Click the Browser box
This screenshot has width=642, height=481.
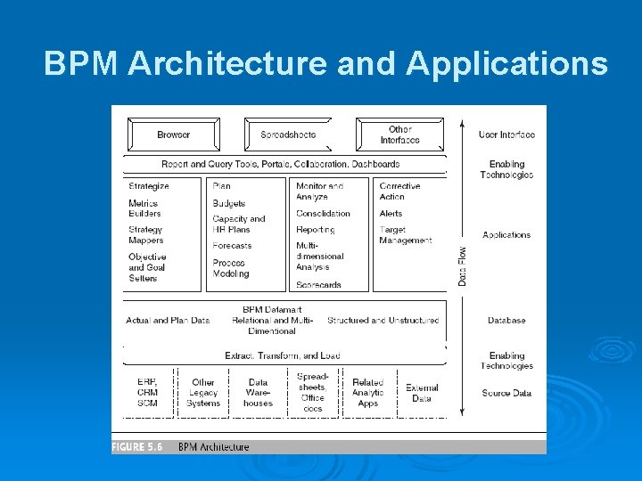pos(173,135)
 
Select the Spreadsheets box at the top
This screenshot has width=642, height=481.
pos(287,135)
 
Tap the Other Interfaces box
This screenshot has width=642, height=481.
pos(399,135)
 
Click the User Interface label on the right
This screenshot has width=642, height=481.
pos(506,135)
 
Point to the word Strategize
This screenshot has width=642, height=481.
pos(149,186)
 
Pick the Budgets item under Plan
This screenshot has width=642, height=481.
pos(229,204)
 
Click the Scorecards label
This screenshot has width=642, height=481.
pos(318,285)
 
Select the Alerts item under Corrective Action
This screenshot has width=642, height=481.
pos(391,214)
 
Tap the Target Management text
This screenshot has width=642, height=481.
pos(406,235)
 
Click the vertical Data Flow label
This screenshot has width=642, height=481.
pos(462,265)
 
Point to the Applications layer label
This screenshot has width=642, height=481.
pos(506,235)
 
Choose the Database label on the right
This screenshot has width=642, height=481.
pos(506,321)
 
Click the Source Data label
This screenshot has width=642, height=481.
pos(506,393)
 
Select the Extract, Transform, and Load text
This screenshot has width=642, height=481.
pos(283,355)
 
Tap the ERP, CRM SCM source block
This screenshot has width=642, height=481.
pos(148,393)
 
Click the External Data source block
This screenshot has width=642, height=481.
pos(422,393)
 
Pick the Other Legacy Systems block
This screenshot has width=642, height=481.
pos(203,393)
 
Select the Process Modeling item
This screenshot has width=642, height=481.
pos(231,268)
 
